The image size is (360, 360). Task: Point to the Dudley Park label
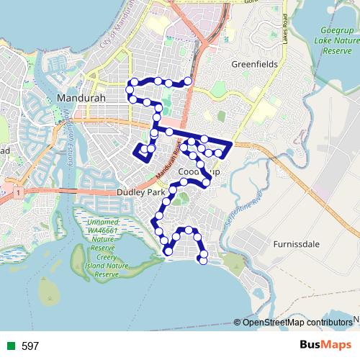(140, 193)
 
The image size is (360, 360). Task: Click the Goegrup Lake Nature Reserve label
(337, 42)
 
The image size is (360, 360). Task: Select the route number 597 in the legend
(30, 346)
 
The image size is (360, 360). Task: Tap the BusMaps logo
(325, 345)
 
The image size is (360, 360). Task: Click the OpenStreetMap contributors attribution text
(297, 323)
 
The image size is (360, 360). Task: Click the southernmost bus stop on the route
(203, 261)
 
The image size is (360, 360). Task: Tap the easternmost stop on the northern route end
(188, 81)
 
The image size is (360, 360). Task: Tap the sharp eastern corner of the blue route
(230, 143)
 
